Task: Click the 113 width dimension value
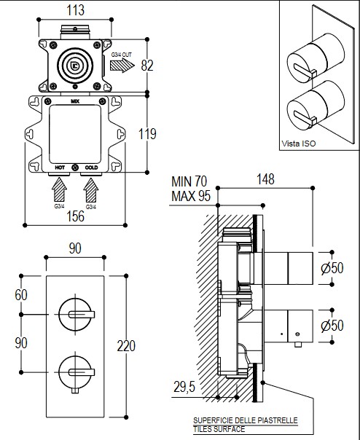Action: click(x=75, y=10)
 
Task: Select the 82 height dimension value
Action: click(x=147, y=66)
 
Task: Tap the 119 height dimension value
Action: click(x=147, y=134)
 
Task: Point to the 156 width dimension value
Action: click(x=76, y=216)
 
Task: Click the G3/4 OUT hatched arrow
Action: click(x=122, y=66)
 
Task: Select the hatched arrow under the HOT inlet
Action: click(x=60, y=189)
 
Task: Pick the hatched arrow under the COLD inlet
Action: click(x=91, y=189)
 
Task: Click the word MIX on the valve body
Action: click(x=75, y=101)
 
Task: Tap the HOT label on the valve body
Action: click(x=60, y=168)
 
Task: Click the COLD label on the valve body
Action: click(x=91, y=168)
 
